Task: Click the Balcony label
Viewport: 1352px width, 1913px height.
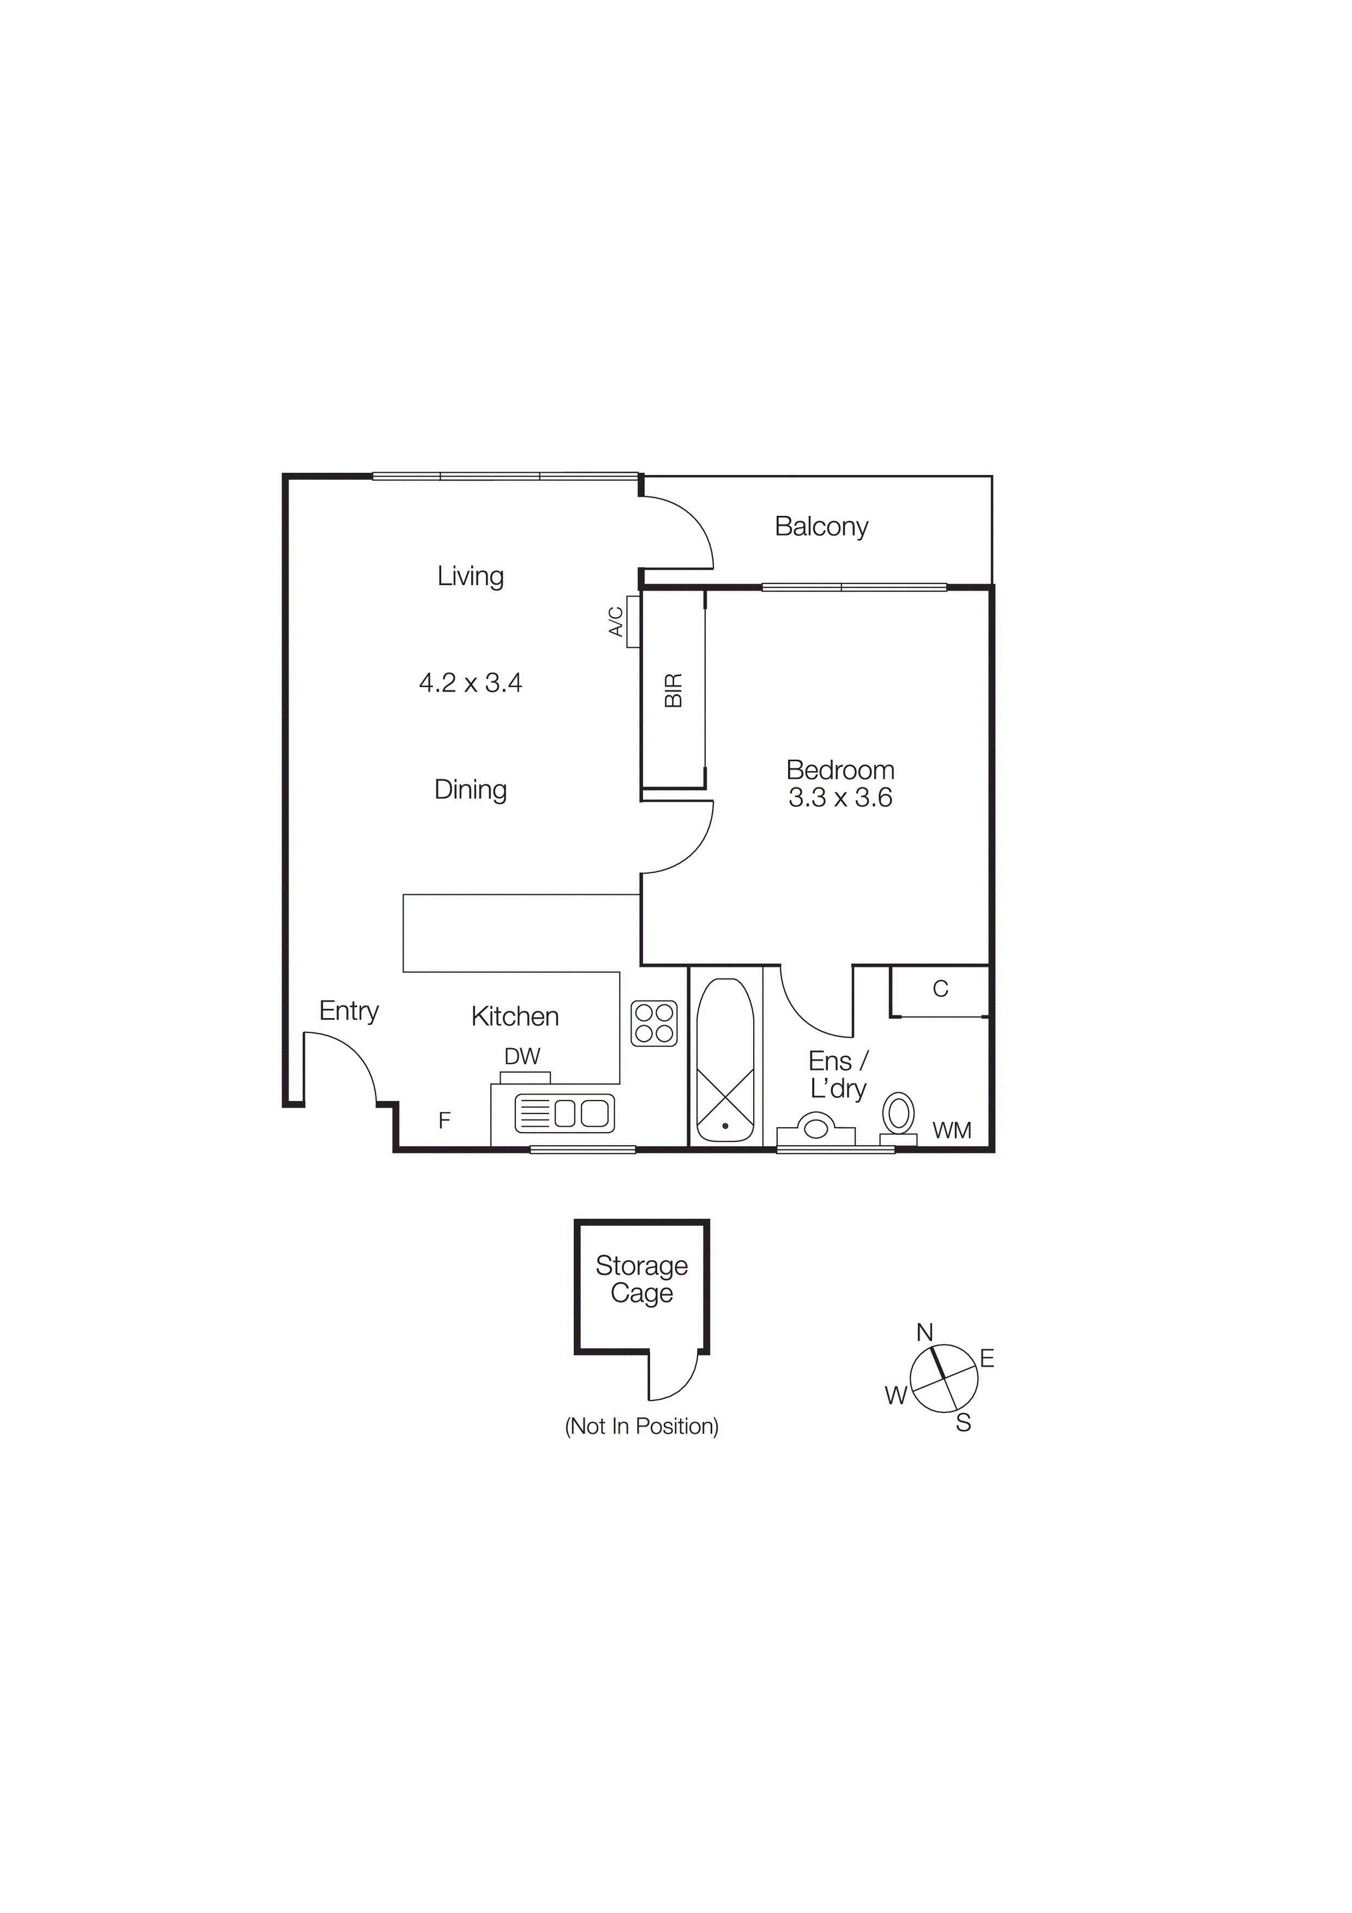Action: (x=821, y=527)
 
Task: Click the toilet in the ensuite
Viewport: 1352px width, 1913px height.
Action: (x=898, y=1115)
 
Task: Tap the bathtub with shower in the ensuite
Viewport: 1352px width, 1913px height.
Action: (x=725, y=1060)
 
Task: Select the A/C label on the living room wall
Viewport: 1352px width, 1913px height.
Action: (x=616, y=622)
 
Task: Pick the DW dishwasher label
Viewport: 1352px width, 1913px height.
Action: (x=522, y=1056)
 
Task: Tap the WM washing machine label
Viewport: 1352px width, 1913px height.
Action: (x=951, y=1130)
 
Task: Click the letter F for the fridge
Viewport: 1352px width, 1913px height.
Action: (x=444, y=1121)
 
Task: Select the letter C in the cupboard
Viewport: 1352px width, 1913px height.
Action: (x=940, y=989)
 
